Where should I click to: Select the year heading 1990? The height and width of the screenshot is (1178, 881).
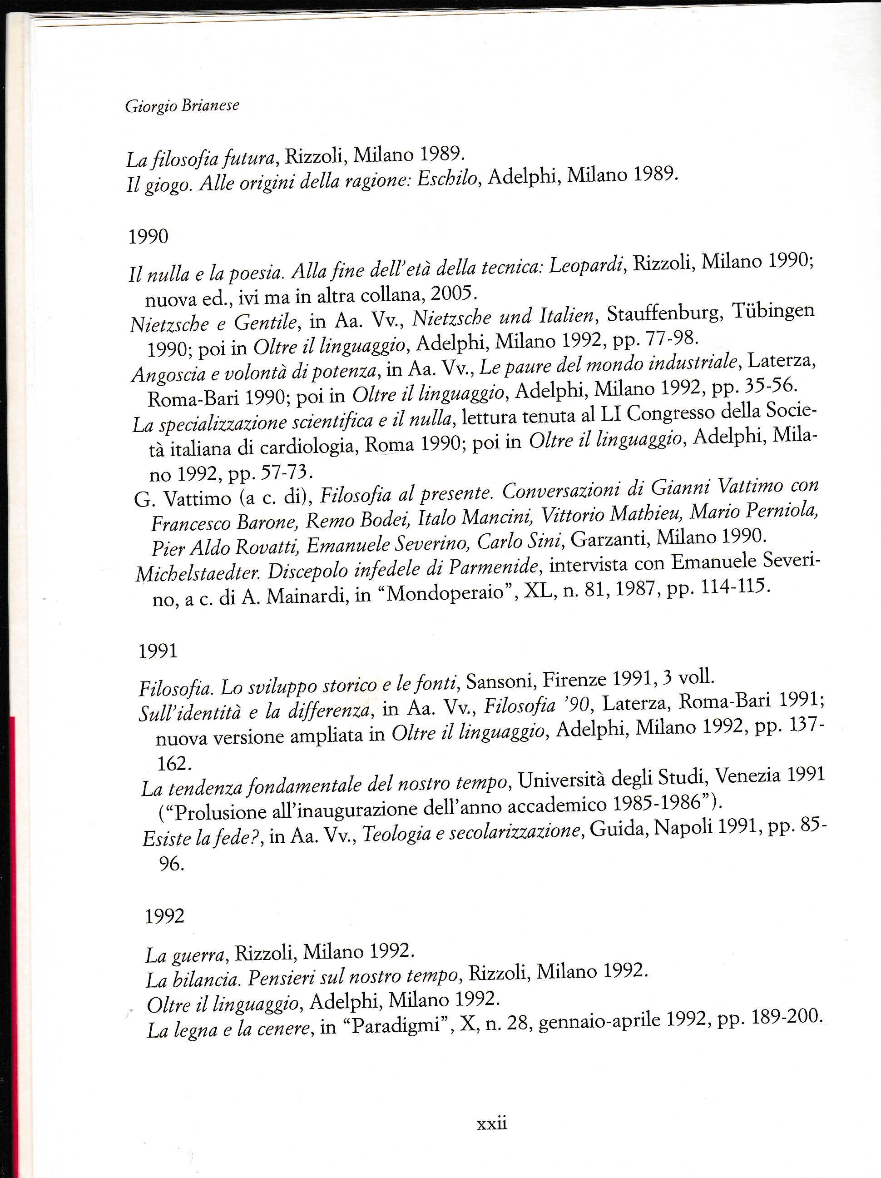pyautogui.click(x=148, y=236)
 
